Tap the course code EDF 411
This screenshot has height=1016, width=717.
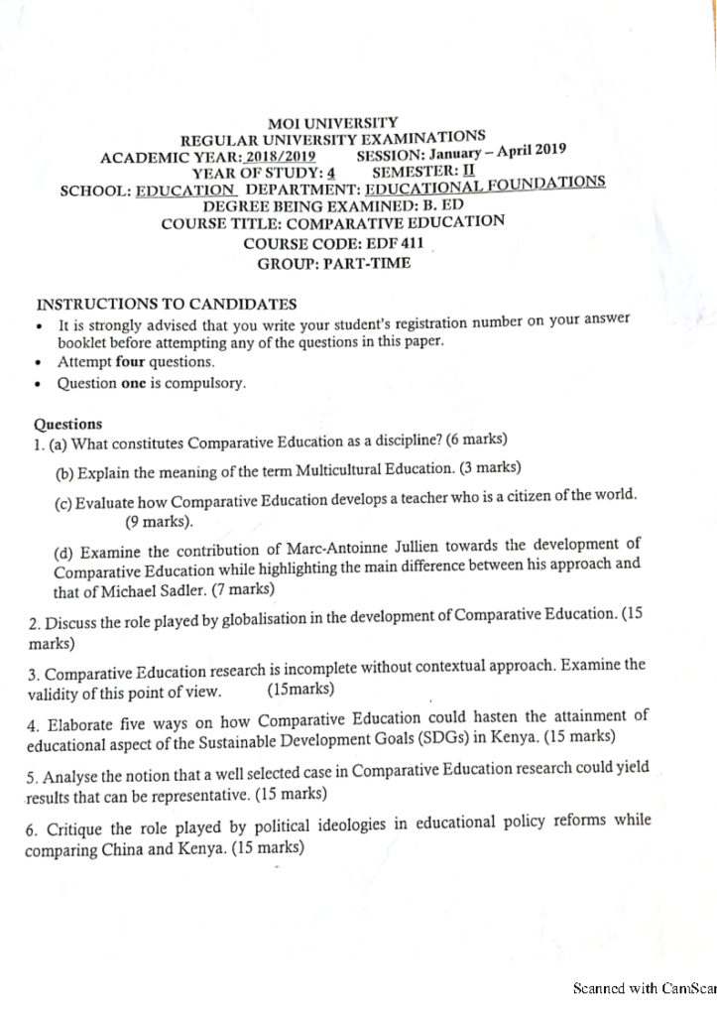coord(386,243)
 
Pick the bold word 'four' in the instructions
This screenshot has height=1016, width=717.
coord(130,362)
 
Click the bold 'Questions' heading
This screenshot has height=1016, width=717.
coord(68,424)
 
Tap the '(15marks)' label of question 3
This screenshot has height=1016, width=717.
coord(301,689)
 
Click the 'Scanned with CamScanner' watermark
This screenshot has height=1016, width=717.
coord(645,988)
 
